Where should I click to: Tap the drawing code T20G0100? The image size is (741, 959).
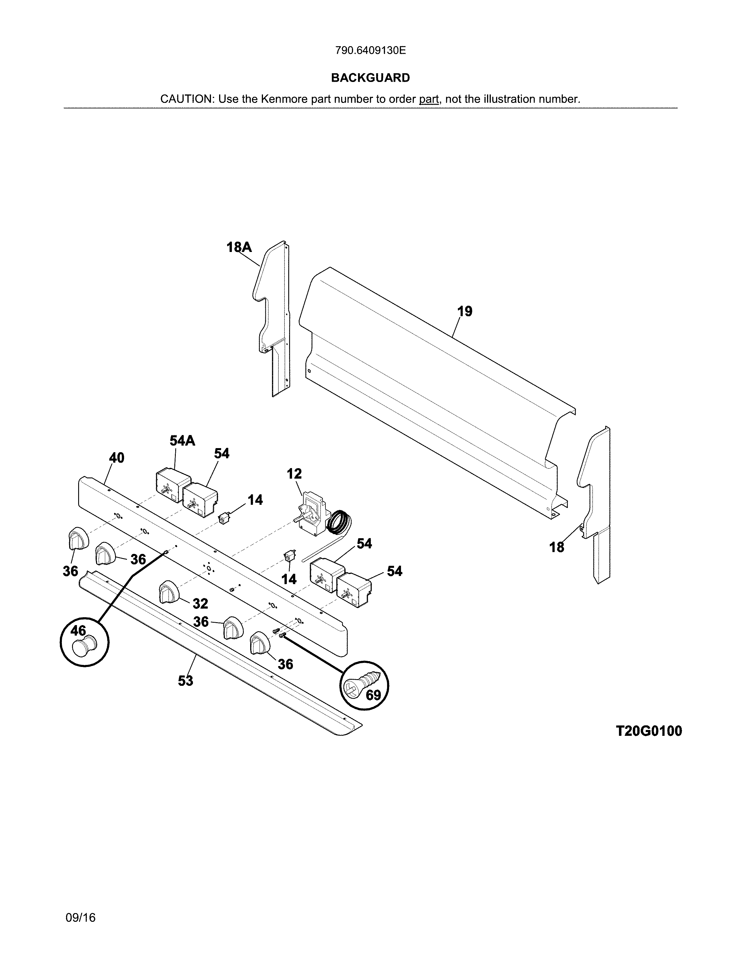(649, 731)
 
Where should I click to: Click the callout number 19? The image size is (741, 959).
(465, 311)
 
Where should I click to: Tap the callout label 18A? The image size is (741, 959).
(239, 248)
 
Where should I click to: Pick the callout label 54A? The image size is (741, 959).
(182, 441)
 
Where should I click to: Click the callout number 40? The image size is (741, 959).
(117, 458)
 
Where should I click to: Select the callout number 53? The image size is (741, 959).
(185, 681)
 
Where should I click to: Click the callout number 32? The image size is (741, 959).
(200, 604)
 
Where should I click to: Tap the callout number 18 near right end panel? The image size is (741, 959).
(557, 547)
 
